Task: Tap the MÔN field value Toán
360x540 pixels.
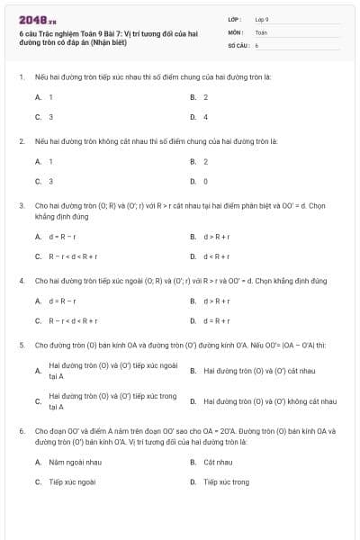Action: coord(261,31)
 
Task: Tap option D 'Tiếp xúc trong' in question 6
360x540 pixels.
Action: coord(226,482)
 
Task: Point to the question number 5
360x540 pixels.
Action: coord(21,345)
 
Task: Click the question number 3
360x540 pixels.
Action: coord(21,205)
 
